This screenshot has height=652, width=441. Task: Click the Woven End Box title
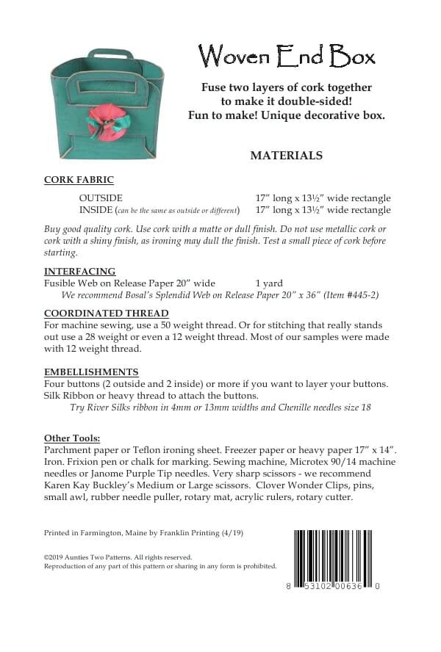coord(287,55)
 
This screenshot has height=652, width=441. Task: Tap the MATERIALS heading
coord(287,156)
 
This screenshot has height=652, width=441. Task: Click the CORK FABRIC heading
coord(79,179)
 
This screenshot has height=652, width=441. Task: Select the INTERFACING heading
coord(79,271)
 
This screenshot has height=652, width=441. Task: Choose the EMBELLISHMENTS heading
coord(91,372)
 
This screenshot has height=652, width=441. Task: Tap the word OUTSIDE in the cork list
coord(101,198)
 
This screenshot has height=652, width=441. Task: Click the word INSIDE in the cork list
coord(96,210)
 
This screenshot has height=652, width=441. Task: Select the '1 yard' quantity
coord(269,283)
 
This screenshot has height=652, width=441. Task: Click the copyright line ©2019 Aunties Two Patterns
coord(118,557)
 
